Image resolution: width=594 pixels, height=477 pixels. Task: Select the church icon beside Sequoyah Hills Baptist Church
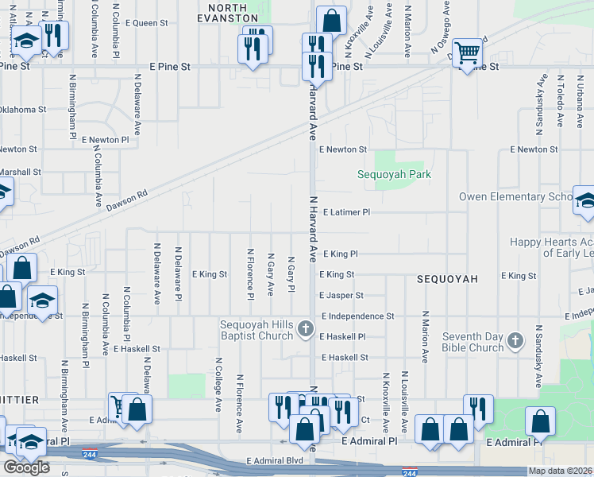(307, 329)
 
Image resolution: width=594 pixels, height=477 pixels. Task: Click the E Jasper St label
(341, 295)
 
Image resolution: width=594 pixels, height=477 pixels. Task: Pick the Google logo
(26, 467)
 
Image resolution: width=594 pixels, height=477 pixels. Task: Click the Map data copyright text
(560, 471)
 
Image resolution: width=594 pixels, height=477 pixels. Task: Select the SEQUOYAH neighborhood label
(448, 279)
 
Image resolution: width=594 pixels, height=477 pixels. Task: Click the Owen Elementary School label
(515, 196)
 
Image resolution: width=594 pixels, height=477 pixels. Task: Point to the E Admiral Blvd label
(275, 460)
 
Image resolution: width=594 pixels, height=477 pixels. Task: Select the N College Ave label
(218, 384)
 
